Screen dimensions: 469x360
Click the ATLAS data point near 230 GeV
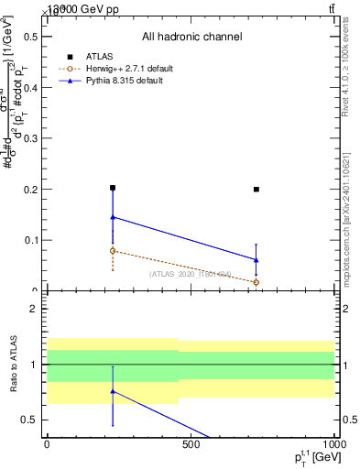tap(113, 188)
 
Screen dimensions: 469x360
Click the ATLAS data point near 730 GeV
tap(256, 190)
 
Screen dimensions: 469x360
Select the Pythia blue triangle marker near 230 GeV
tap(113, 217)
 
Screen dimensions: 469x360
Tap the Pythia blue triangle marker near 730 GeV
tap(256, 259)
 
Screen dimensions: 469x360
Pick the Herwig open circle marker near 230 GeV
tap(113, 250)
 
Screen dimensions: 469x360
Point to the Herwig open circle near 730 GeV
tap(256, 282)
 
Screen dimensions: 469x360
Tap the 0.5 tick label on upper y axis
tap(29, 37)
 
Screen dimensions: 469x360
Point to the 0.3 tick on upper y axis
tap(29, 138)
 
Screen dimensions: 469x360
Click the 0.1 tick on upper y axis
tap(29, 241)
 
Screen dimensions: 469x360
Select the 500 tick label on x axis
tap(191, 443)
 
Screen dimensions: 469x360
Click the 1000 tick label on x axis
tap(332, 443)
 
